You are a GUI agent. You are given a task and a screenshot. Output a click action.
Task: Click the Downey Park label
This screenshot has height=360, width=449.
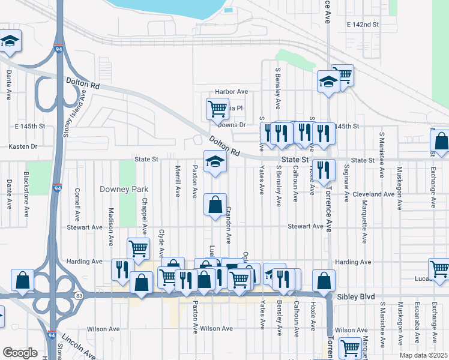point(124,189)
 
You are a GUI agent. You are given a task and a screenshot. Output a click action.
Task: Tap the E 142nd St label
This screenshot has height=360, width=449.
point(363,25)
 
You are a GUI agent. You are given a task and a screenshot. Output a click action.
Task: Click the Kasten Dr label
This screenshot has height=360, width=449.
point(23,146)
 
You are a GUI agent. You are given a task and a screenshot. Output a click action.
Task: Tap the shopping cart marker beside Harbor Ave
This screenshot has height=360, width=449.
point(217,109)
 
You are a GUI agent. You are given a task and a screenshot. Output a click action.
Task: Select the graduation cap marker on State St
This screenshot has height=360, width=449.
point(215,161)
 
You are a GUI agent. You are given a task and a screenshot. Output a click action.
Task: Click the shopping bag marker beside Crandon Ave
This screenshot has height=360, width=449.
point(215,205)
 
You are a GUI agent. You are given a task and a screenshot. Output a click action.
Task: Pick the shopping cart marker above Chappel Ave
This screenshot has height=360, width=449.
point(138,248)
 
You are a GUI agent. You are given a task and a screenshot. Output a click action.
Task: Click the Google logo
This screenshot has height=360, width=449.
point(20,353)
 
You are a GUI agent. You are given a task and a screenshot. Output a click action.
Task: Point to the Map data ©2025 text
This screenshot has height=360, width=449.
point(423,355)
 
